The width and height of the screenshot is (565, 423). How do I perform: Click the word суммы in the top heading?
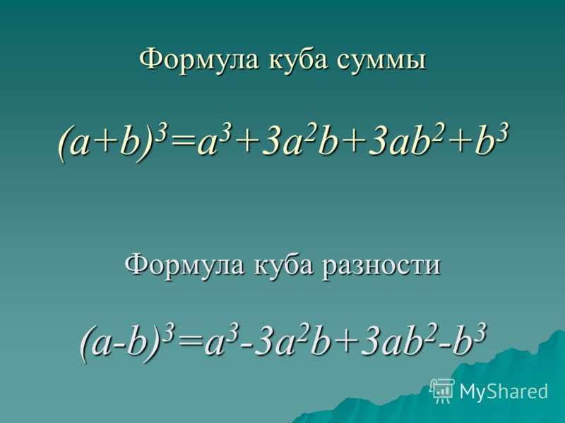pyautogui.click(x=381, y=60)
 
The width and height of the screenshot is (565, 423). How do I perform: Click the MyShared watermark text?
pyautogui.click(x=504, y=391)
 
